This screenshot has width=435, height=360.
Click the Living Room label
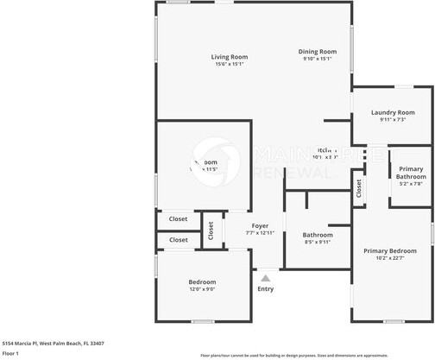[229, 57]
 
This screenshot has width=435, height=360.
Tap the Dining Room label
[318, 52]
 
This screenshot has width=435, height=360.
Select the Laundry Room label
[393, 112]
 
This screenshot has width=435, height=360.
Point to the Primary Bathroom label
[411, 172]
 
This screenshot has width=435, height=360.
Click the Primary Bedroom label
[391, 250]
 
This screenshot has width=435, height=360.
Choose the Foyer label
[260, 226]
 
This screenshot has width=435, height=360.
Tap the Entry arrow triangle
[266, 278]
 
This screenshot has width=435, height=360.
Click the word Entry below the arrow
[266, 288]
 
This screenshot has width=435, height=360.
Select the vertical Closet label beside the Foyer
[210, 231]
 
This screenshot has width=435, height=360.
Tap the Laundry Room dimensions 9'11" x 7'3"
[393, 120]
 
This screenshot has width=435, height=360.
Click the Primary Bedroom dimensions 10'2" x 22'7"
[391, 257]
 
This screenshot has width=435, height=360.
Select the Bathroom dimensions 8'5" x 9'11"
[317, 242]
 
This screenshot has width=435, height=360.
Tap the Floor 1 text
[11, 353]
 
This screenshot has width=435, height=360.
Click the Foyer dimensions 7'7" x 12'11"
[260, 233]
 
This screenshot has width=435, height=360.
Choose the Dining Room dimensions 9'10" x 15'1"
[318, 59]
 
